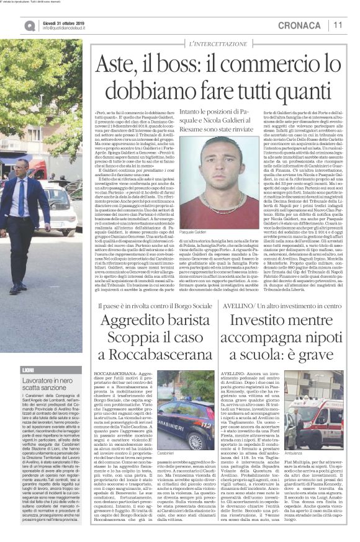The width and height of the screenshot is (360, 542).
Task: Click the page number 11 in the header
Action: pos(338,25)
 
